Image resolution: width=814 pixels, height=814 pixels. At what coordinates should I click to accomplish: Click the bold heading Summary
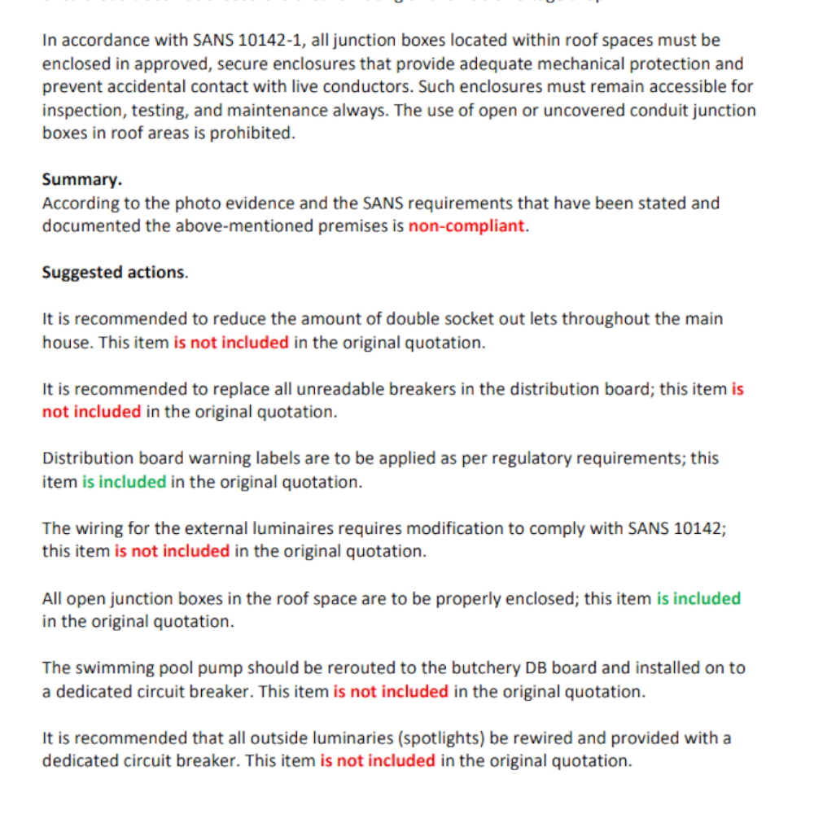(x=81, y=179)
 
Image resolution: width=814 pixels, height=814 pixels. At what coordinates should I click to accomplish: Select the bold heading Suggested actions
(x=114, y=273)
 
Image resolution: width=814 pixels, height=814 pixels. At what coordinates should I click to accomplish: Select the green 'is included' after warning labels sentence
(x=124, y=482)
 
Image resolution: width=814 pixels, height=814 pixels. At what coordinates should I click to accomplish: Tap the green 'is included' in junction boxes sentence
(x=698, y=598)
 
